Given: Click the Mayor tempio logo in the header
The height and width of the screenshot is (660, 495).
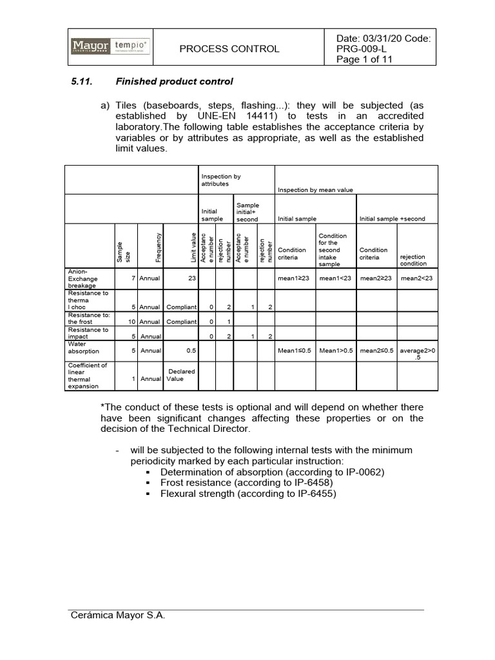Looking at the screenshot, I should (x=110, y=46).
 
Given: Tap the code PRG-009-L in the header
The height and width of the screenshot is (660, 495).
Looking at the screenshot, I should (x=362, y=48).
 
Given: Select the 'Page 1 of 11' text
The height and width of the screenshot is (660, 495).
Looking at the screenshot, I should (x=365, y=59).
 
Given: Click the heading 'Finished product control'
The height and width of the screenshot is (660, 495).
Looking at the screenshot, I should (x=174, y=82).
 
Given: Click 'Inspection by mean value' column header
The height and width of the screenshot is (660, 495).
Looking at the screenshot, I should (x=316, y=190).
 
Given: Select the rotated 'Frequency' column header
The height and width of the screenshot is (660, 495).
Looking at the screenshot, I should (x=158, y=246).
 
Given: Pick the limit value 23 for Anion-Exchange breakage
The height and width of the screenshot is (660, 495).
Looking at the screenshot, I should (x=191, y=279).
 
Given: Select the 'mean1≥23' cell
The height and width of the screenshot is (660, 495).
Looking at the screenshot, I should (x=295, y=279).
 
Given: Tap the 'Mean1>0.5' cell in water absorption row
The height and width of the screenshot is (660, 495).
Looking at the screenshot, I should (x=336, y=351).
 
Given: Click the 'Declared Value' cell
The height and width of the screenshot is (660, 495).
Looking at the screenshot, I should (x=180, y=375).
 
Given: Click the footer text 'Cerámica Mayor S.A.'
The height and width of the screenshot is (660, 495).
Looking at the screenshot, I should (x=118, y=616).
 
